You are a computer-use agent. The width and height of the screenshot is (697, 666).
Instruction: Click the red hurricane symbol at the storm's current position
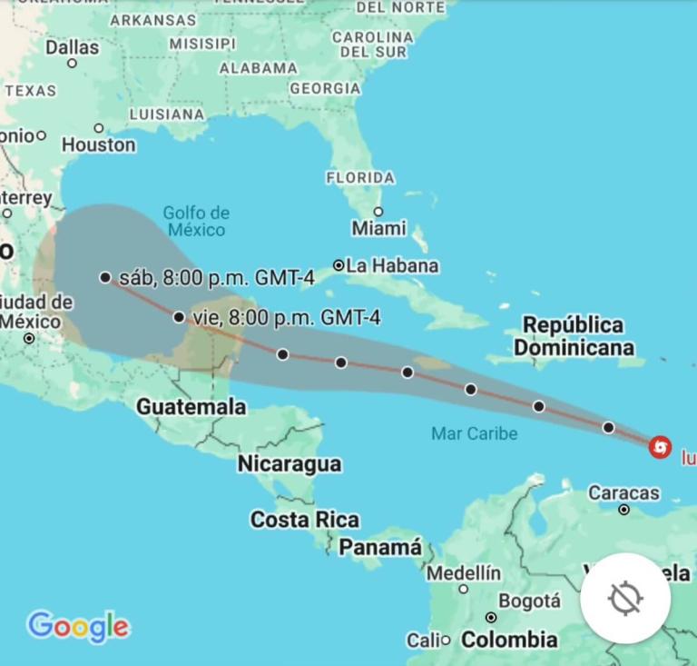click(x=661, y=447)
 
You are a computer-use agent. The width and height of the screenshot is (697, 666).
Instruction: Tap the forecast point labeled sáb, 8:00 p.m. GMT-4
click(x=105, y=277)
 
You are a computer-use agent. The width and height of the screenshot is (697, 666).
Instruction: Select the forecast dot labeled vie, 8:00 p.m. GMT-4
click(x=179, y=317)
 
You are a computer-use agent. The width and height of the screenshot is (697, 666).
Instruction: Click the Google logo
click(x=78, y=626)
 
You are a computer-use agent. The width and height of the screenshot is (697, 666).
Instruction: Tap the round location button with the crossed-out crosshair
click(x=625, y=598)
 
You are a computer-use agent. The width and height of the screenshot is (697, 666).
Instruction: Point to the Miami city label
click(x=378, y=227)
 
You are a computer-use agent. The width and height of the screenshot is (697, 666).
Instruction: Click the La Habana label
click(x=392, y=265)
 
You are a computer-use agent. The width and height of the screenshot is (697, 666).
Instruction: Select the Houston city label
click(x=99, y=144)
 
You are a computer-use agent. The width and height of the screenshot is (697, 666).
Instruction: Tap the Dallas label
click(x=72, y=46)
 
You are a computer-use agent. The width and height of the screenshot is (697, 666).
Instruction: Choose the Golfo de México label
click(x=196, y=222)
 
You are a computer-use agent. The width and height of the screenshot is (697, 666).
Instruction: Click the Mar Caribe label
click(x=474, y=433)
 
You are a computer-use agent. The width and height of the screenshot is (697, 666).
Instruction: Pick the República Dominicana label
click(x=573, y=336)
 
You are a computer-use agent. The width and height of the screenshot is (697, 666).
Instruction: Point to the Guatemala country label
click(x=191, y=407)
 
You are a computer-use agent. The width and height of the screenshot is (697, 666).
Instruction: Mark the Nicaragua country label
click(x=290, y=464)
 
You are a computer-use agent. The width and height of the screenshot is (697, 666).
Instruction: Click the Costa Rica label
click(x=304, y=521)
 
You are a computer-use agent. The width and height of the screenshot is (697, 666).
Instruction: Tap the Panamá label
click(x=379, y=548)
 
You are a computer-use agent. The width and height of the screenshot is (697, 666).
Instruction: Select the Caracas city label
click(x=623, y=493)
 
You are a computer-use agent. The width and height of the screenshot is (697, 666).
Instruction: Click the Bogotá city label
click(x=529, y=601)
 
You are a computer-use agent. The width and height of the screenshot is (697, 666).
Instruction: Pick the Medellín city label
click(x=463, y=573)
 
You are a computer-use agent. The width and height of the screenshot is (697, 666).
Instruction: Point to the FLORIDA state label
click(x=360, y=178)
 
